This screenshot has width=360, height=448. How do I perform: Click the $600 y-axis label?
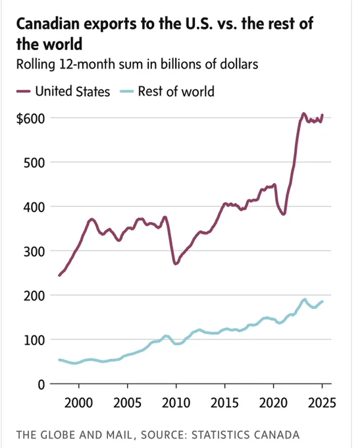pyautogui.click(x=30, y=119)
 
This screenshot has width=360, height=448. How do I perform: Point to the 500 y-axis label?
pyautogui.click(x=34, y=163)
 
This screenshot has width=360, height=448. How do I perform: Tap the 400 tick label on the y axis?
pyautogui.click(x=34, y=207)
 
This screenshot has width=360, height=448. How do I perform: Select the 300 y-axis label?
pyautogui.click(x=34, y=252)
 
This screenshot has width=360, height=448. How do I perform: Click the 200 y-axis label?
pyautogui.click(x=34, y=296)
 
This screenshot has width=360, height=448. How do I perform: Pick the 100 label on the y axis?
pyautogui.click(x=34, y=341)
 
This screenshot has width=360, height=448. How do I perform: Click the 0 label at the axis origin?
pyautogui.click(x=41, y=385)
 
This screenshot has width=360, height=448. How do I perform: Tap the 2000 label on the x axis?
pyautogui.click(x=78, y=403)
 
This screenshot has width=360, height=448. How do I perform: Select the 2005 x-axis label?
pyautogui.click(x=127, y=403)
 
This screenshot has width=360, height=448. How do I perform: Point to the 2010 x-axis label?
pyautogui.click(x=176, y=403)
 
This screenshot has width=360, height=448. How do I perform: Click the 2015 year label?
pyautogui.click(x=224, y=403)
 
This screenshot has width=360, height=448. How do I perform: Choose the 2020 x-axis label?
pyautogui.click(x=273, y=403)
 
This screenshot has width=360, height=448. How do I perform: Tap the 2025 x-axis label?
pyautogui.click(x=322, y=403)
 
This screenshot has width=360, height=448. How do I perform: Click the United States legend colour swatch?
pyautogui.click(x=24, y=92)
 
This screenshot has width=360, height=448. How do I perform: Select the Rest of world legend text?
pyautogui.click(x=176, y=92)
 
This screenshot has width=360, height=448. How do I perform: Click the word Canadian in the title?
pyautogui.click(x=48, y=24)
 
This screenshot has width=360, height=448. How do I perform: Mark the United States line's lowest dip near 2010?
pyautogui.click(x=176, y=264)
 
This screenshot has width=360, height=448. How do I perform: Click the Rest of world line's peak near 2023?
pyautogui.click(x=305, y=300)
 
